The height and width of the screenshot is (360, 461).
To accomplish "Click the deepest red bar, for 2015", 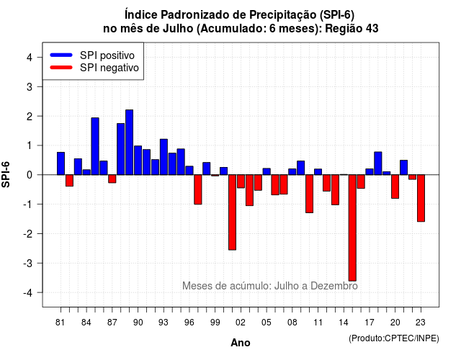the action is (x=352, y=228).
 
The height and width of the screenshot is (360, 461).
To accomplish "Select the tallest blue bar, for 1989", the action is (x=130, y=143).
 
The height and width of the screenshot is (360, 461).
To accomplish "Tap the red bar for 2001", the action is (x=232, y=212).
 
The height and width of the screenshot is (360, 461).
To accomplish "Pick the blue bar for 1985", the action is (x=95, y=146).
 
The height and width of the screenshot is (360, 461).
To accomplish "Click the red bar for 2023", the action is (x=421, y=198).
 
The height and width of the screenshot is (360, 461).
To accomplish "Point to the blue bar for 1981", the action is (x=61, y=163).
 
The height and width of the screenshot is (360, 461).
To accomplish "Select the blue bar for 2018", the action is (x=378, y=163).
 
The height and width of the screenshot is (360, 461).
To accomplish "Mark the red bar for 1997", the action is (x=198, y=189).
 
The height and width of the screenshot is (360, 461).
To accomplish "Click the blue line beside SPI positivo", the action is (x=61, y=55).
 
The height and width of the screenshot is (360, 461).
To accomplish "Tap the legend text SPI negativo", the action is (x=109, y=68).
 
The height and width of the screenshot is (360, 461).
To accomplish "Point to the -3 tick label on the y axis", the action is (x=28, y=263).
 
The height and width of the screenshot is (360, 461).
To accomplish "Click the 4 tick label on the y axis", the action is (x=30, y=58).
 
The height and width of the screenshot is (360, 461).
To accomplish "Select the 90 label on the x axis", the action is (x=138, y=323).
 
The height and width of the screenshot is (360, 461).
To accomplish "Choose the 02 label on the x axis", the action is (x=241, y=323).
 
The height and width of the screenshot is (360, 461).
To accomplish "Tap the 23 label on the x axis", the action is (x=421, y=323).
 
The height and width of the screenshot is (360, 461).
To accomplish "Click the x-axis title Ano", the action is (x=241, y=343).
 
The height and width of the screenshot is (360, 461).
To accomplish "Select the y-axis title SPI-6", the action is (x=6, y=174).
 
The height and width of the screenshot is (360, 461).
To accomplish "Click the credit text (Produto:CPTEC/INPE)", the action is (x=394, y=338).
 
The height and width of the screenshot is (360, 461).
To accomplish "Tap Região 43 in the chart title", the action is (x=352, y=29).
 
